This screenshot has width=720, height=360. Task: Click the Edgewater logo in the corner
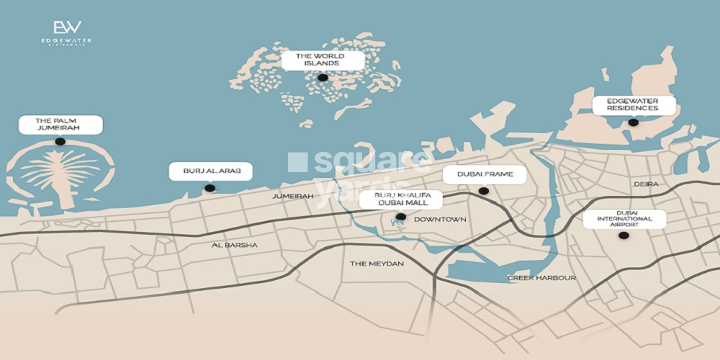[66, 33]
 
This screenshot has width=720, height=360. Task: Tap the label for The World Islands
[323, 60]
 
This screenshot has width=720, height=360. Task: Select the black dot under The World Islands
[323, 78]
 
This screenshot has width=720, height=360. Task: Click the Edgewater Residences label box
[634, 105]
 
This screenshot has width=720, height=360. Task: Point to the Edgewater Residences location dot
[633, 122]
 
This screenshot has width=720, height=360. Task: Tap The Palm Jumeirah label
[59, 125]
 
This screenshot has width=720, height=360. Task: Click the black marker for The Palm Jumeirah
[60, 142]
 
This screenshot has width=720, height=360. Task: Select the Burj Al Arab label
[211, 171]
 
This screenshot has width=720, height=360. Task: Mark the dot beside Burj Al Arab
[210, 189]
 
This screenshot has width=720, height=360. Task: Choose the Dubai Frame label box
[484, 174]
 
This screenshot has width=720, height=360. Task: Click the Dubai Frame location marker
[484, 191]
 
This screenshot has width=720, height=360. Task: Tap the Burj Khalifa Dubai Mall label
[401, 199]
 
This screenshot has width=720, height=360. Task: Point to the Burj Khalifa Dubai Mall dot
[401, 217]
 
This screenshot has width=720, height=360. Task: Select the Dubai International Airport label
[624, 219]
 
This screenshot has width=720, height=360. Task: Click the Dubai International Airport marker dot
[624, 235]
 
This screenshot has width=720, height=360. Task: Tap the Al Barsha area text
[235, 246]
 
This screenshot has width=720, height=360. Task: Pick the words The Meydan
[377, 264]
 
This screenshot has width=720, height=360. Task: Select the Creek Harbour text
[541, 278]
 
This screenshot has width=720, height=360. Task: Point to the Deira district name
[646, 184]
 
